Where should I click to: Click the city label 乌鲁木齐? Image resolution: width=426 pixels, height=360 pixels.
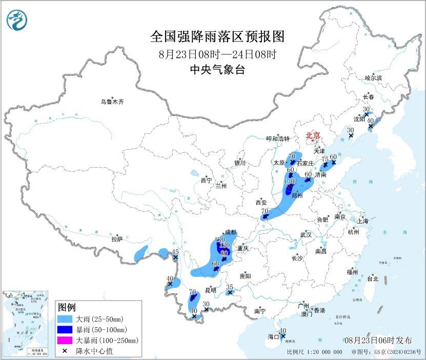tap(112, 102)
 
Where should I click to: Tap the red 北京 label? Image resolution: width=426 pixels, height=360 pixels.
tap(312, 135)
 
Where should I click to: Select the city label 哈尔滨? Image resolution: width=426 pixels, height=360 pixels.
tap(373, 78)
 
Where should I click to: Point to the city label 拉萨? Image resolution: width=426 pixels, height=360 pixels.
tap(117, 238)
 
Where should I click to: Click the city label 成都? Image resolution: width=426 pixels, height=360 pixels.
tap(230, 232)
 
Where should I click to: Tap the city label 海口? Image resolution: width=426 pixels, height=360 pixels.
tap(274, 337)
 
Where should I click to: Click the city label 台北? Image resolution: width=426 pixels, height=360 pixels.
tap(372, 279)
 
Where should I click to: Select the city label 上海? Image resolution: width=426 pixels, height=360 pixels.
tap(363, 221)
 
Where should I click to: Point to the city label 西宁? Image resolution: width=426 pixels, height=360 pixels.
tap(206, 181)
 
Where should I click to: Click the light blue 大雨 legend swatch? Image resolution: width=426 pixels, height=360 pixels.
tap(65, 319)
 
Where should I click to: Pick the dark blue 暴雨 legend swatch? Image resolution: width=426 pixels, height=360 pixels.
tap(65, 329)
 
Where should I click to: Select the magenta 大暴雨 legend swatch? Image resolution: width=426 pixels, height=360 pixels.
tap(65, 340)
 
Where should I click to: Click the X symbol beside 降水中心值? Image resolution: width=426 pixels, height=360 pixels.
tap(65, 350)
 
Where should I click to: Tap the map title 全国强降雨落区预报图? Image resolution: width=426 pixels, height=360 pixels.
tap(217, 37)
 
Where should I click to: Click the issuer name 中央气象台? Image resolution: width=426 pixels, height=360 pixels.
tap(217, 70)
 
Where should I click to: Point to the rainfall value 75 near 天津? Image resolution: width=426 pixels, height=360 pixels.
tap(324, 159)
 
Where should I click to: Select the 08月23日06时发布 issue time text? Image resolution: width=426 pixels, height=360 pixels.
tap(378, 340)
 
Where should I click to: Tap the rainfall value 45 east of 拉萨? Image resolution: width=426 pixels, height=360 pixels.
tap(175, 251)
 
